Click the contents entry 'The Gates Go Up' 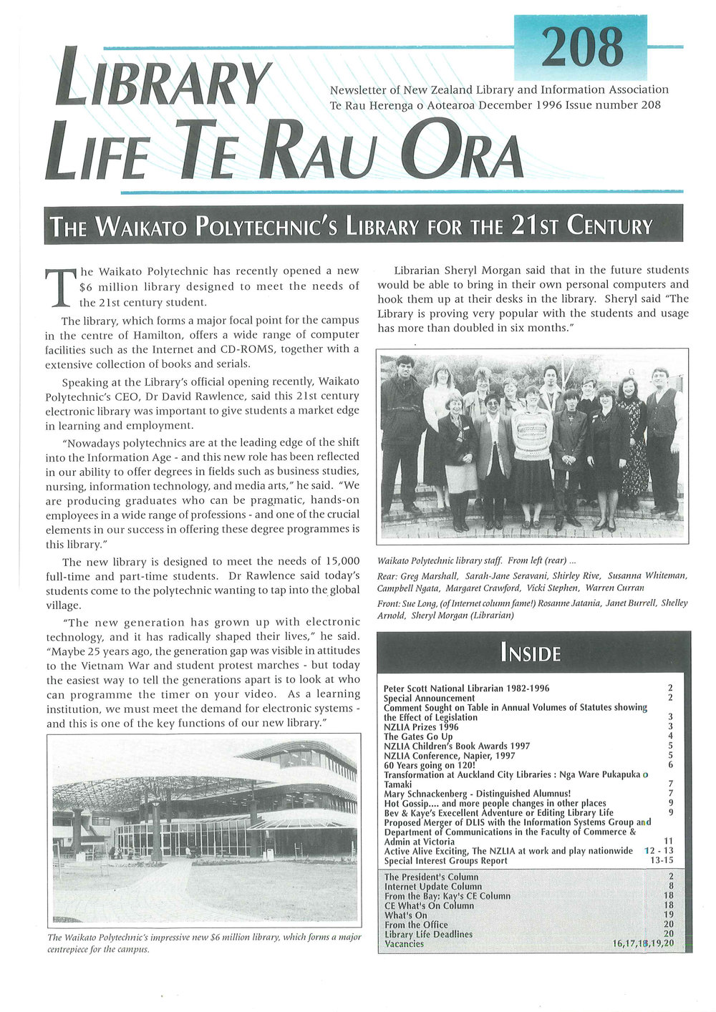[418, 736]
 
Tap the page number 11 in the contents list [669, 842]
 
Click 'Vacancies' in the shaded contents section [404, 943]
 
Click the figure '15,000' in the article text [337, 562]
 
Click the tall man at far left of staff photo [403, 429]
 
